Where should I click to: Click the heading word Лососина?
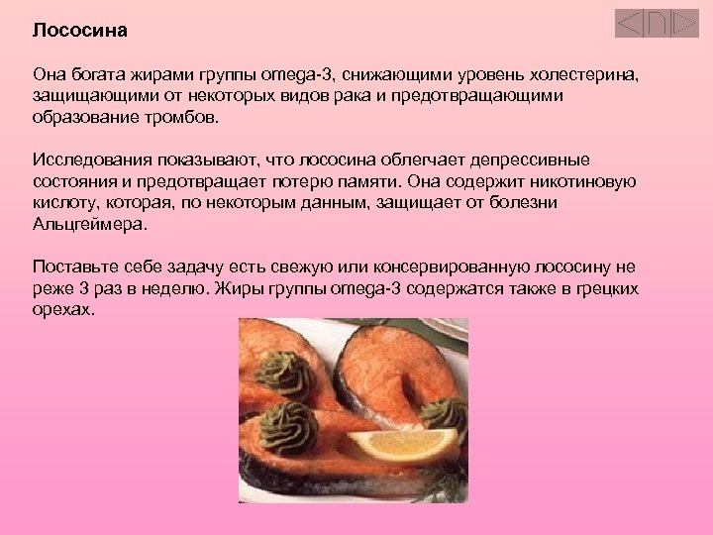[x=80, y=30]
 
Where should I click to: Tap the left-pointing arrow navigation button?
[x=628, y=23]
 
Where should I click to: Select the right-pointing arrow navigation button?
[x=684, y=23]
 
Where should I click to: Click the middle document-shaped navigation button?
[x=657, y=23]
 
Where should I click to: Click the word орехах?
[x=63, y=309]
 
